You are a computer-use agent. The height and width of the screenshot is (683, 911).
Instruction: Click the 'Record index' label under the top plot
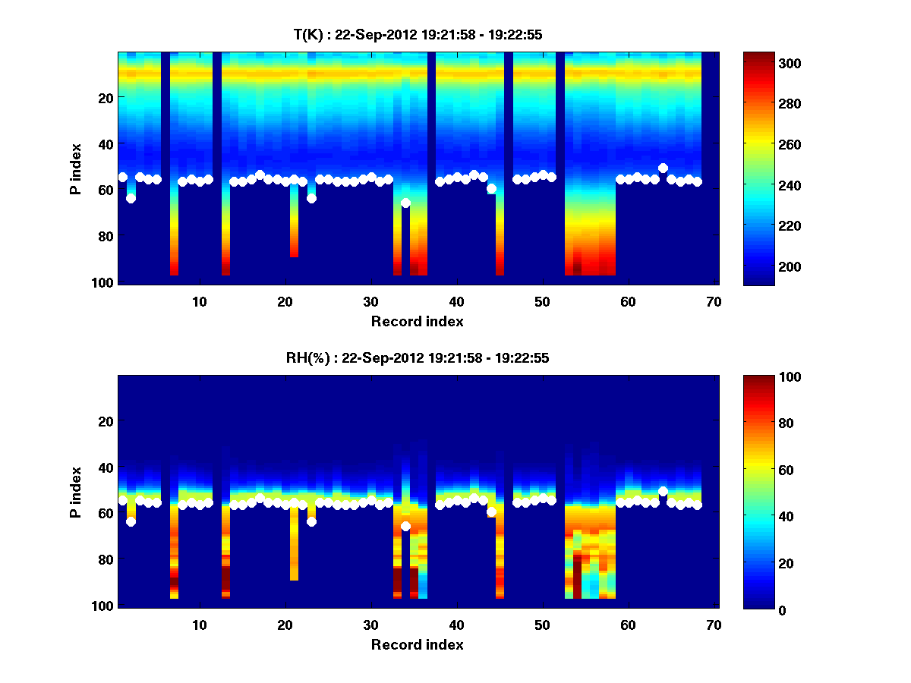click(x=417, y=322)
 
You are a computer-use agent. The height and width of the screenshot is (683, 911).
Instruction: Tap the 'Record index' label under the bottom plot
click(x=417, y=644)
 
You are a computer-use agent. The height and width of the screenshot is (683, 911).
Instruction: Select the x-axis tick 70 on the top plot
click(x=714, y=301)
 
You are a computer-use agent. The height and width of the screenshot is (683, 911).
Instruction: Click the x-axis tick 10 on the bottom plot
click(x=199, y=625)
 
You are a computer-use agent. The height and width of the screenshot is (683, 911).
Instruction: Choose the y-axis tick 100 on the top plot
click(x=103, y=282)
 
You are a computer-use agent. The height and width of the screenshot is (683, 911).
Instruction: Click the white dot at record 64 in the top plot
click(x=663, y=168)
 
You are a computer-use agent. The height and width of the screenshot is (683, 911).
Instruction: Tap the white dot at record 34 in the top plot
click(x=405, y=203)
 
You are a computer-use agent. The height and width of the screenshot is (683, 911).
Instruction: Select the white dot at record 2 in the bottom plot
click(x=131, y=521)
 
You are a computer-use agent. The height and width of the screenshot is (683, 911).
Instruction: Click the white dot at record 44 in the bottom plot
click(x=491, y=511)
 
